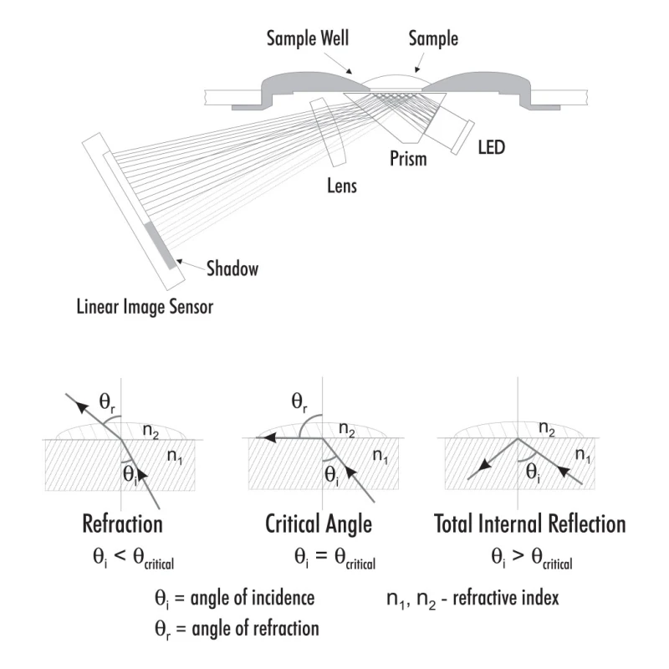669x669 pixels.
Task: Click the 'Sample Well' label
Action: (307, 38)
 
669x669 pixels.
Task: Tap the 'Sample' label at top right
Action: (433, 38)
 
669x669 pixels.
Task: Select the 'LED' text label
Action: (491, 148)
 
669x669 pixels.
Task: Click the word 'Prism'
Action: (408, 158)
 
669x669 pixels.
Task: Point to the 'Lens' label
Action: (341, 186)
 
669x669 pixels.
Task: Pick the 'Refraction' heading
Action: (122, 525)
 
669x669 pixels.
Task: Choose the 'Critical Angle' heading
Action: (318, 525)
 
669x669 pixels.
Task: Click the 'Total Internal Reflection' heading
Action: (530, 525)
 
